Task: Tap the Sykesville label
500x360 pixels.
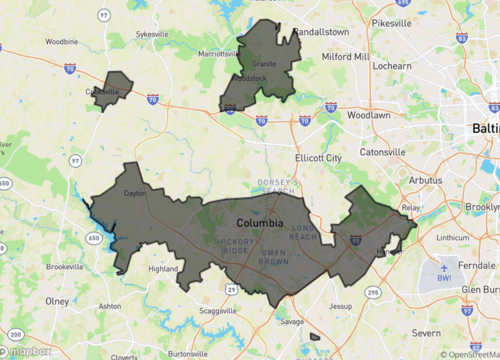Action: [x=152, y=33]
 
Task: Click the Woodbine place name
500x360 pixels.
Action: [x=61, y=42]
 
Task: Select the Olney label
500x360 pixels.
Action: [x=57, y=300]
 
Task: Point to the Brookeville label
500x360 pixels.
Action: [x=65, y=267]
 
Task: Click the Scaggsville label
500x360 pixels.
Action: [x=217, y=311]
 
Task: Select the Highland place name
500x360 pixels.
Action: [x=162, y=268]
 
